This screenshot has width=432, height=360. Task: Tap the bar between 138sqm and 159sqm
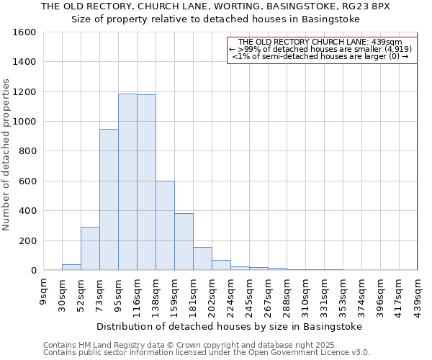click(x=165, y=225)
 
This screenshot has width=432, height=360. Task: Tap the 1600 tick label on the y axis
click(x=24, y=32)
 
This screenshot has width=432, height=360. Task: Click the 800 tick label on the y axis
click(x=27, y=151)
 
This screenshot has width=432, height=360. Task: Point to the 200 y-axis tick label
click(x=27, y=240)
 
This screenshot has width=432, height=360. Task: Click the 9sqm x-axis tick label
click(x=44, y=291)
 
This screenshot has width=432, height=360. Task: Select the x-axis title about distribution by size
click(x=229, y=326)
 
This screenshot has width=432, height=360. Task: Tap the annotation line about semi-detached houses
click(x=321, y=56)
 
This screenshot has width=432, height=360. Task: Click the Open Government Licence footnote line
click(x=207, y=352)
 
